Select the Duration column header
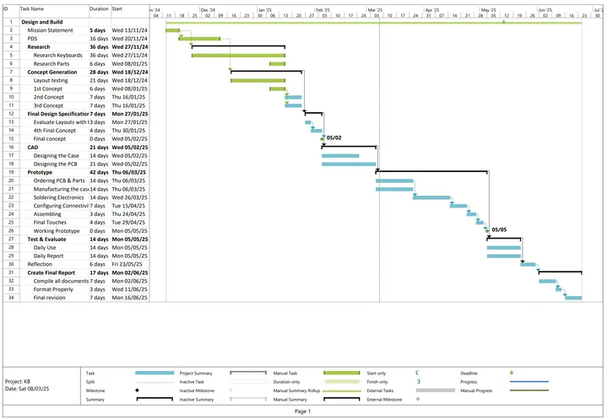[99, 8]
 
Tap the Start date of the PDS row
[129, 38]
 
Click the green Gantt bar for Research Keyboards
[238, 55]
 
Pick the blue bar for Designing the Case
[340, 155]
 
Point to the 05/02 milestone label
[334, 137]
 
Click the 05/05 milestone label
[499, 229]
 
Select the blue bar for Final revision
[573, 297]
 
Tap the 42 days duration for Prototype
[100, 171]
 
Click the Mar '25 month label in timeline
[376, 9]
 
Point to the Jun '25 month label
[546, 9]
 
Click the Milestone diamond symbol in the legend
[137, 390]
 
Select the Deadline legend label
[470, 373]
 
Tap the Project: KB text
[18, 381]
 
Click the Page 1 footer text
[303, 411]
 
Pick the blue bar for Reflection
[529, 264]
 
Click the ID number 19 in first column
[10, 171]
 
